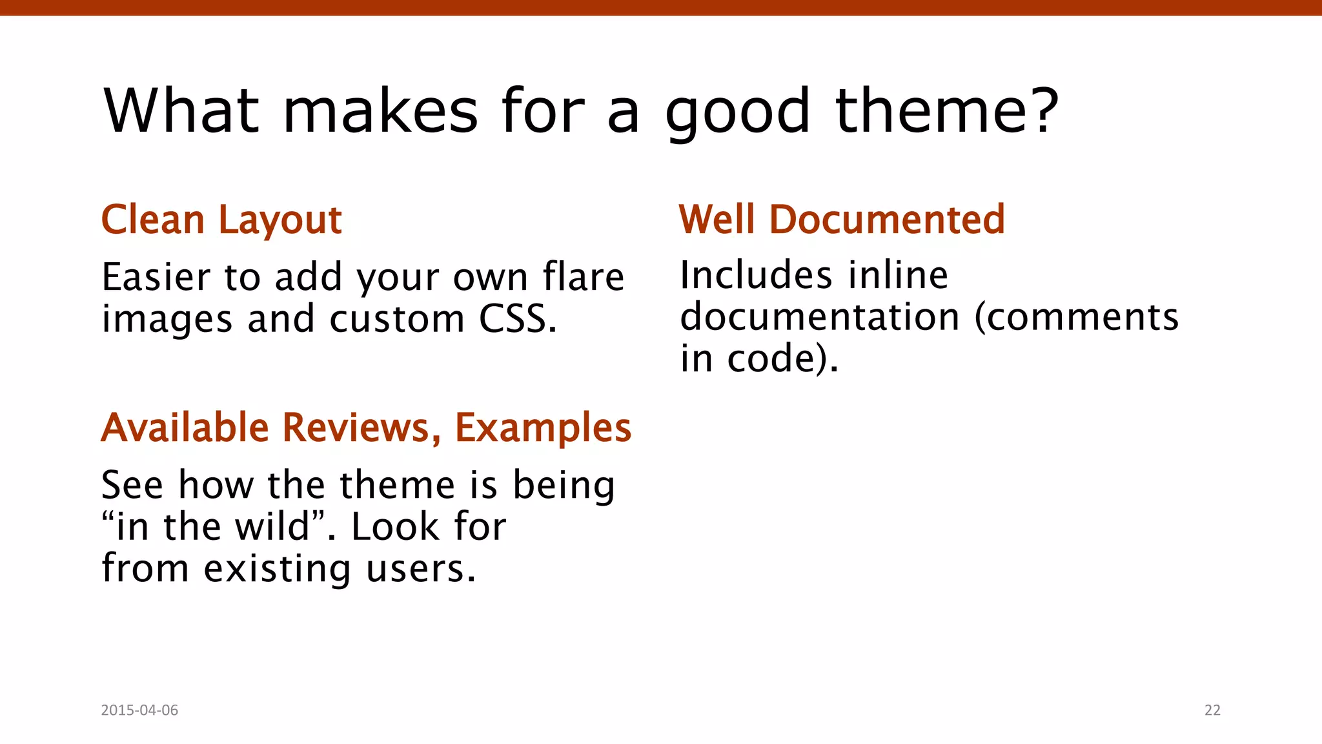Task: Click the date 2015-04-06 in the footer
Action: [139, 710]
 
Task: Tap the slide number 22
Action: [1212, 710]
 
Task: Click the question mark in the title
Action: [1041, 111]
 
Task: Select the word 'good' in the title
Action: [737, 114]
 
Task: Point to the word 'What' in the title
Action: [181, 111]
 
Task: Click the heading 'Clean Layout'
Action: [221, 220]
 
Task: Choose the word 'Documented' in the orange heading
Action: [887, 220]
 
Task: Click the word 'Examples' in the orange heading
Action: [543, 429]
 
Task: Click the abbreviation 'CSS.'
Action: [517, 319]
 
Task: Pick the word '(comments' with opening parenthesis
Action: [1076, 318]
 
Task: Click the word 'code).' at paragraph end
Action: [782, 359]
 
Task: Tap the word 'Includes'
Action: [756, 276]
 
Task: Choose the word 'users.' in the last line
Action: [421, 569]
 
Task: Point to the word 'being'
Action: [564, 486]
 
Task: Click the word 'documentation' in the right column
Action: [820, 317]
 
